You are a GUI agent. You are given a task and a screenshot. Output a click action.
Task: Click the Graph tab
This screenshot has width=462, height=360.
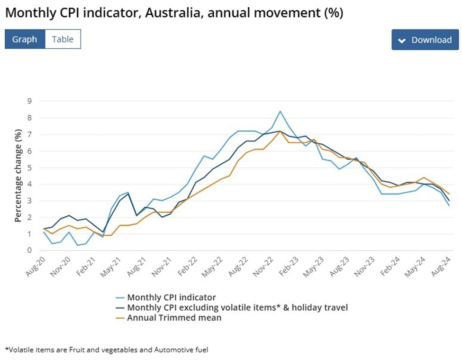tap(25, 39)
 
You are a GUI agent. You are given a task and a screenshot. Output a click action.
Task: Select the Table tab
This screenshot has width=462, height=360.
tap(63, 39)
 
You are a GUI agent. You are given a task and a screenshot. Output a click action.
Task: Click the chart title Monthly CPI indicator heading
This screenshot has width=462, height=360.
tap(174, 13)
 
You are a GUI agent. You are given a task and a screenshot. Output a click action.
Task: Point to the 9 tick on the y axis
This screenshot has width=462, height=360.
tap(29, 101)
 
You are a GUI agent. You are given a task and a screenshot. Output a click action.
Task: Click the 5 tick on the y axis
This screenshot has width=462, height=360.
tap(29, 167)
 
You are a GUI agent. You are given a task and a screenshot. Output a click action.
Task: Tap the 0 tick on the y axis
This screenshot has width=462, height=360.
tap(29, 250)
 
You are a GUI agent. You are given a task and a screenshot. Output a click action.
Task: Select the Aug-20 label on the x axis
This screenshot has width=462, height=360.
tap(37, 263)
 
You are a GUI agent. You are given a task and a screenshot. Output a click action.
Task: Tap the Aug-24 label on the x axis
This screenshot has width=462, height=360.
tap(442, 263)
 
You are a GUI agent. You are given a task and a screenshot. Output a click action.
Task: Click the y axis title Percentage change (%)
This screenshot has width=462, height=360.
tap(18, 175)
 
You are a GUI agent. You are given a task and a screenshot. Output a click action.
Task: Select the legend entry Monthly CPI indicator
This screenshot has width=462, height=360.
tap(171, 297)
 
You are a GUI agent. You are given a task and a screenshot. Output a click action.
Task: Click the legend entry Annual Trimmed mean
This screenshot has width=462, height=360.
tap(174, 318)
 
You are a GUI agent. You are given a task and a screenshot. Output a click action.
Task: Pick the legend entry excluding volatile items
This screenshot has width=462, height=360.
tap(237, 308)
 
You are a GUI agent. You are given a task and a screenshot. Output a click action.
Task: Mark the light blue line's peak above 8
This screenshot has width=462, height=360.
tap(280, 111)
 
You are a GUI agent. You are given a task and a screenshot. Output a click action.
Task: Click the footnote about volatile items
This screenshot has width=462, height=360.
tap(107, 350)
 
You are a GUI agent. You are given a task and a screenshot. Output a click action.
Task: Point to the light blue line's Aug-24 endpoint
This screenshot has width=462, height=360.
tap(449, 205)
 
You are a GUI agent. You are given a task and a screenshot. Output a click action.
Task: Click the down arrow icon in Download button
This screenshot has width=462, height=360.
tap(402, 40)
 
